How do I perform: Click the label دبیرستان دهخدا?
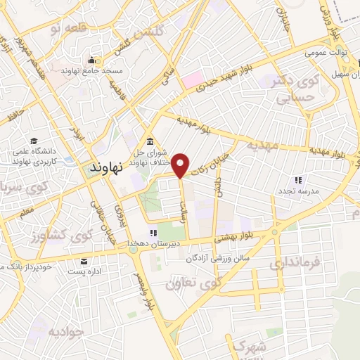pyautogui.click(x=150, y=243)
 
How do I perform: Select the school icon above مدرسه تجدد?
pyautogui.click(x=299, y=181)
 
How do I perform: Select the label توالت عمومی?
pyautogui.click(x=323, y=53)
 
